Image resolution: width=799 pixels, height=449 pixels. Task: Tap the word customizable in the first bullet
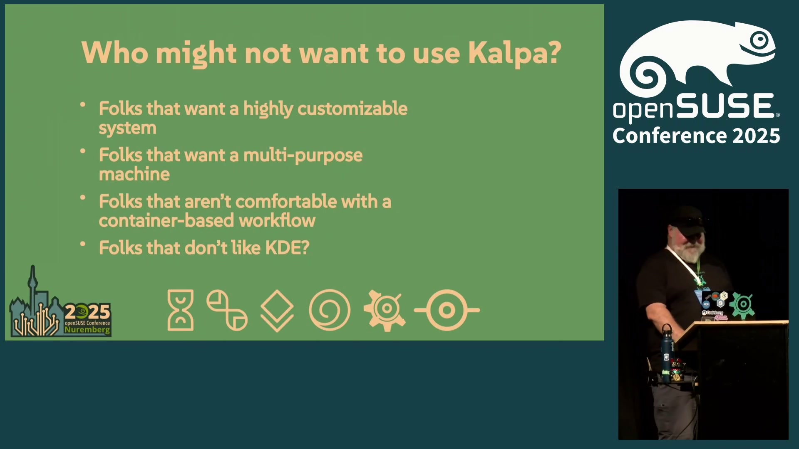352,109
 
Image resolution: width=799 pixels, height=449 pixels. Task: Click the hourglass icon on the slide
181,310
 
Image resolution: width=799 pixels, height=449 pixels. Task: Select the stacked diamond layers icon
277,311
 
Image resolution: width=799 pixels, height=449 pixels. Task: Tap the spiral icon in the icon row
330,310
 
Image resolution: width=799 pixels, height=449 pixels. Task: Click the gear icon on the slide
385,310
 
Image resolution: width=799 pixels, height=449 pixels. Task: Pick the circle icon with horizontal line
447,310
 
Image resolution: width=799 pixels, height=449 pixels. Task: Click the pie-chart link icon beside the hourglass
227,310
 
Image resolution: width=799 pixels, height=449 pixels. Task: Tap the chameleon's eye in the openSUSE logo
759,40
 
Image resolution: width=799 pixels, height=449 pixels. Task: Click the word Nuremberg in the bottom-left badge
87,330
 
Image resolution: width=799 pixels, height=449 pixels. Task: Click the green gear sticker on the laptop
742,306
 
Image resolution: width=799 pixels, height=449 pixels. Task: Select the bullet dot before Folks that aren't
83,197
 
